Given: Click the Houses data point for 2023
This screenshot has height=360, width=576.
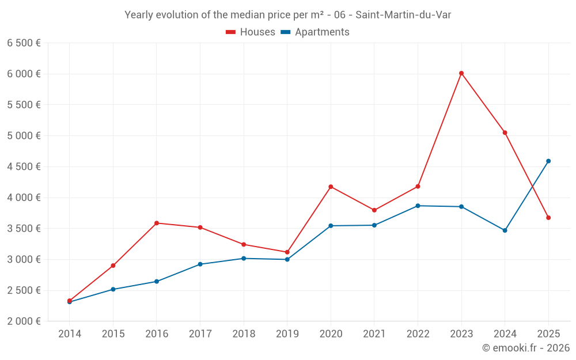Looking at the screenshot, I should click(461, 73).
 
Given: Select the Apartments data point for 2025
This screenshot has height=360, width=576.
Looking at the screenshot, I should click(548, 161).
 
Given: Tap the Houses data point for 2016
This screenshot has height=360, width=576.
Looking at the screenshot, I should click(157, 223).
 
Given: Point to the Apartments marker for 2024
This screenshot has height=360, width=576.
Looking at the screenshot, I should click(505, 230).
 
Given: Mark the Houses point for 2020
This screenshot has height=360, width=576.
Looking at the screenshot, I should click(331, 187).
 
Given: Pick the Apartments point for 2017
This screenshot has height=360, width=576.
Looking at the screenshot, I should click(200, 264).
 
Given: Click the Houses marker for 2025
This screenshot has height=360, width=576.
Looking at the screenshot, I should click(548, 218).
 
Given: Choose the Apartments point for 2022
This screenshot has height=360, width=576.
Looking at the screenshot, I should click(418, 206).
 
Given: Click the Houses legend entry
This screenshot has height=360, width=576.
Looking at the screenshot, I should click(251, 32).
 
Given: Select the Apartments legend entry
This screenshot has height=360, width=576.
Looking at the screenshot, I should click(315, 32).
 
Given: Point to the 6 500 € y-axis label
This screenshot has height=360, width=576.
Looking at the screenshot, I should click(24, 43).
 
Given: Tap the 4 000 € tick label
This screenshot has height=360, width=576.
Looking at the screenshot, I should click(24, 198).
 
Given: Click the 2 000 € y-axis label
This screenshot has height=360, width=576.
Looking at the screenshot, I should click(24, 321).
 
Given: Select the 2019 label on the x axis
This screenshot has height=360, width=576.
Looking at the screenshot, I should click(287, 334).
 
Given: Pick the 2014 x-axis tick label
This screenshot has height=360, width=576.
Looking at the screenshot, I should click(70, 334).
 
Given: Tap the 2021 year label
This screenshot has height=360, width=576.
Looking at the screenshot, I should click(374, 334).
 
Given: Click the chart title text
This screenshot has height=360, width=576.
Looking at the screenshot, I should click(287, 15).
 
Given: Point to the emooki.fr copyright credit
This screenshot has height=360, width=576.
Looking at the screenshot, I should click(526, 348).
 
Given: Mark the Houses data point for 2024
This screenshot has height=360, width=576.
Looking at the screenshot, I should click(505, 132).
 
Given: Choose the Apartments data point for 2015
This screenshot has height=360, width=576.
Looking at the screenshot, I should click(113, 289).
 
